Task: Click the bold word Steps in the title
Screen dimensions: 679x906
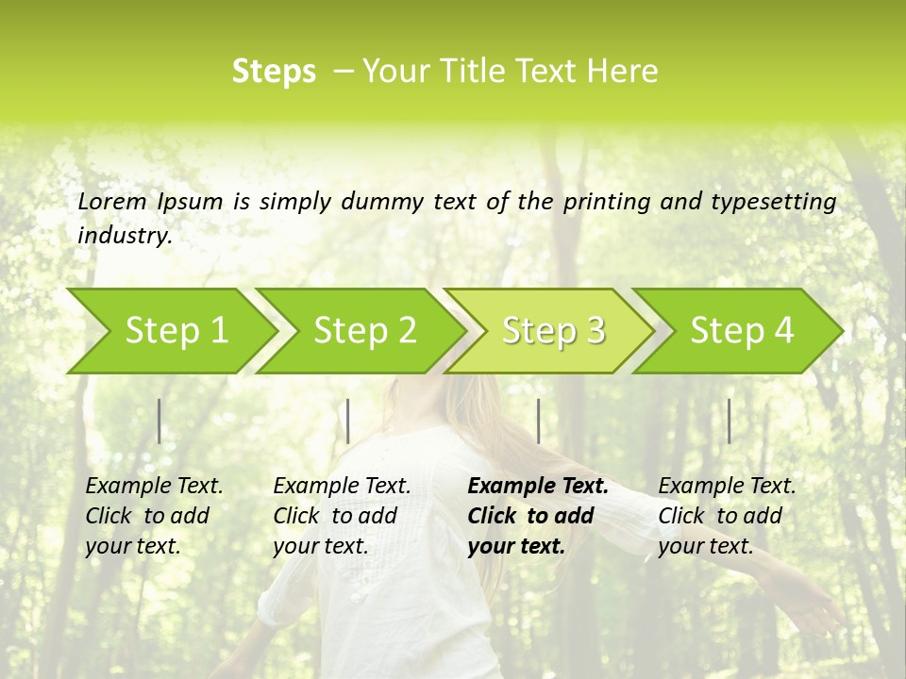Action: (x=274, y=72)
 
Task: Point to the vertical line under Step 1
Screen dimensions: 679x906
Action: (x=159, y=421)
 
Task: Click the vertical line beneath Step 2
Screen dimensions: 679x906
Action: (x=348, y=421)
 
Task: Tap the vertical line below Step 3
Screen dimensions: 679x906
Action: (x=539, y=421)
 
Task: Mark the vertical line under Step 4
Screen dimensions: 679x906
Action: (x=730, y=421)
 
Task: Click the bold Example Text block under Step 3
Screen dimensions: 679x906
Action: (x=538, y=516)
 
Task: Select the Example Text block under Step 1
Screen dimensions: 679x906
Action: (x=154, y=516)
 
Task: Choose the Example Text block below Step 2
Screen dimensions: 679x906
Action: (x=342, y=516)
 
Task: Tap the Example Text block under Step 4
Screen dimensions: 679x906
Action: (x=727, y=516)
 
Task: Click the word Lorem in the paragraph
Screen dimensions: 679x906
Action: (x=112, y=202)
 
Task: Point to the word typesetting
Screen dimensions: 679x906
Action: (x=773, y=202)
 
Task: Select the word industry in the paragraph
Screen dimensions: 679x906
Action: (x=125, y=236)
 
